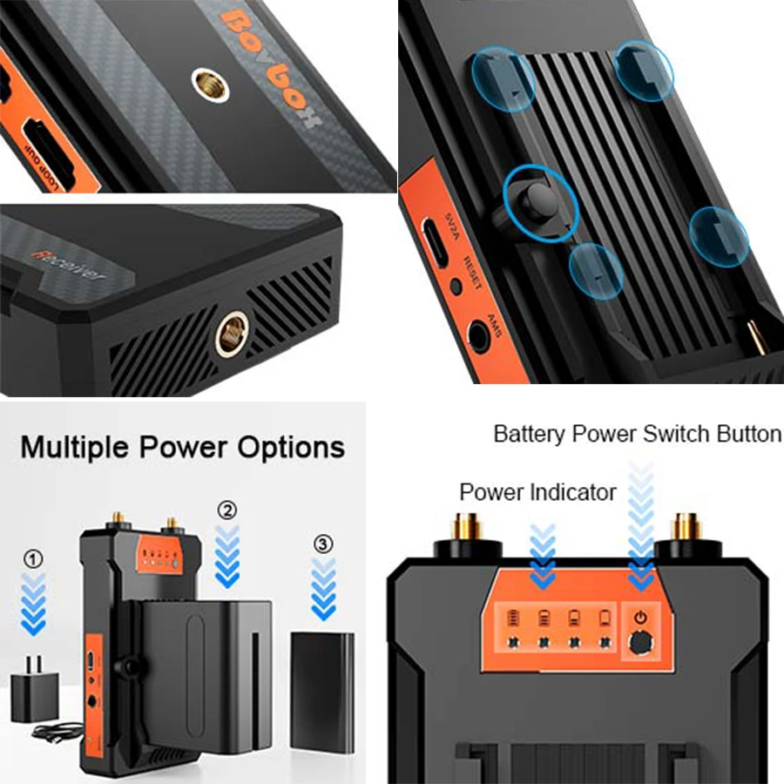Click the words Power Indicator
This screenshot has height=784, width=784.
coord(538,492)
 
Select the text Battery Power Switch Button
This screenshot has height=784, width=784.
coord(637,433)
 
